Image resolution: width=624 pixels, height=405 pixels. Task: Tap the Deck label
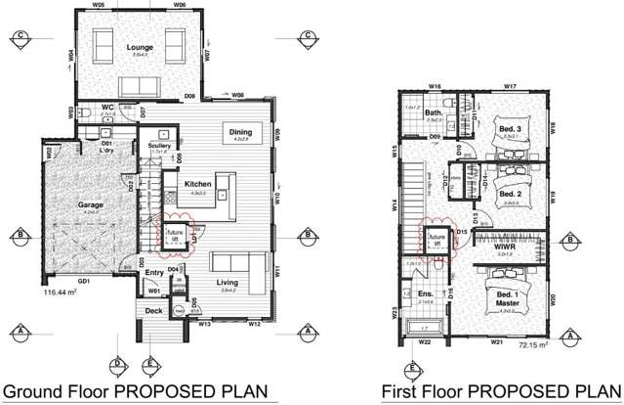click(154, 311)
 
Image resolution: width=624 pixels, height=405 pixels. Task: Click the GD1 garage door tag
click(84, 281)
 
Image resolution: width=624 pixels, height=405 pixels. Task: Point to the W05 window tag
click(100, 5)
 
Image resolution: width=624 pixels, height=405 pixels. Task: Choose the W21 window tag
click(496, 342)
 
